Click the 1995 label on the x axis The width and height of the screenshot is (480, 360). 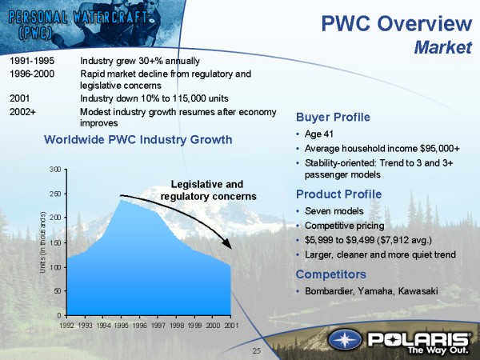[122, 326]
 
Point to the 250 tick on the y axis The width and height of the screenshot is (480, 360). [56, 194]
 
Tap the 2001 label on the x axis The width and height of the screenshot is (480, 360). [231, 326]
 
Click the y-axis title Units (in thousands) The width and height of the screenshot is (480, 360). [43, 242]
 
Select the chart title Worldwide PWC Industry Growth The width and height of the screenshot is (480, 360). [138, 139]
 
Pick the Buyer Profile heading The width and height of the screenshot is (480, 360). [333, 117]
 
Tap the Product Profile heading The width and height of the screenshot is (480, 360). [339, 194]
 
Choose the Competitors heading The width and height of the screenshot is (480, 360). [331, 274]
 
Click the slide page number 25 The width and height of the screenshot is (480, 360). [257, 351]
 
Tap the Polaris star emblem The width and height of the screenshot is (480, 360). [345, 340]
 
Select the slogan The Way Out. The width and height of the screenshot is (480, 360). [438, 350]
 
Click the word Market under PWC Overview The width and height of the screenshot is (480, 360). [443, 48]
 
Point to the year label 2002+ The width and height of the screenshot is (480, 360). [22, 112]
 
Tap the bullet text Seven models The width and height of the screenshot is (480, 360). [334, 211]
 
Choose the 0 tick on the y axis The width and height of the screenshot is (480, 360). [60, 315]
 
